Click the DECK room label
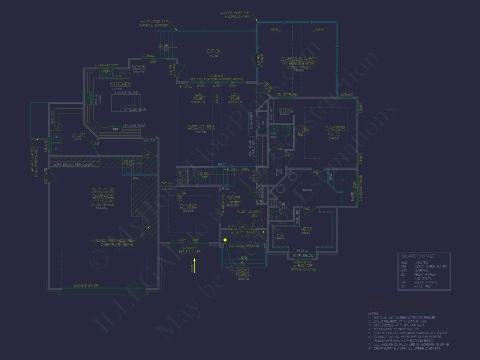[x=214, y=51]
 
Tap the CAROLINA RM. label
[x=298, y=59]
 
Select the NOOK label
[x=139, y=67]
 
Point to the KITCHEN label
[x=121, y=84]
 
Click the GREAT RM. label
[x=201, y=127]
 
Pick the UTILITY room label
[x=79, y=135]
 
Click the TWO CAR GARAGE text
[x=103, y=193]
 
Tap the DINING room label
[x=189, y=206]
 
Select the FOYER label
[x=233, y=198]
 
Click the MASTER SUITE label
[x=335, y=130]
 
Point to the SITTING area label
[x=286, y=110]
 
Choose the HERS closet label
[x=306, y=229]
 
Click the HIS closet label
[x=280, y=234]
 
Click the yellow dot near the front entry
[x=225, y=240]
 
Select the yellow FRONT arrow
[x=194, y=264]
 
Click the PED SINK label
[x=273, y=135]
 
